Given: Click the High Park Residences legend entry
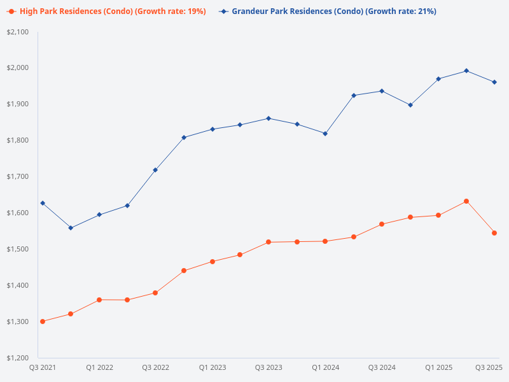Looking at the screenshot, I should point(106,11).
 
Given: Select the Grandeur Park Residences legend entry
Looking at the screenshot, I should point(328,11).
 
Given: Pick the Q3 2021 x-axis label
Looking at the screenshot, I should point(43,368).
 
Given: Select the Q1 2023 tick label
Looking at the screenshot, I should point(212,368).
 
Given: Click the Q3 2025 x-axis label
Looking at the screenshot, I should point(489,368).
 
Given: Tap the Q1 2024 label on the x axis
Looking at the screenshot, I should point(325,368).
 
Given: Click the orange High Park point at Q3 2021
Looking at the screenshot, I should point(43,322).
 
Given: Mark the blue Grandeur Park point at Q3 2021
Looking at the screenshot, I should point(43,203).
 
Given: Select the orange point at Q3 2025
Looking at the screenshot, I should point(494,233).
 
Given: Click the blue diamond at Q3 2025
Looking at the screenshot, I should point(494,82).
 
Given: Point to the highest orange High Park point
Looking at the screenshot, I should point(466,201).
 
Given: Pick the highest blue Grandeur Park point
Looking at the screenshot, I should point(466,71).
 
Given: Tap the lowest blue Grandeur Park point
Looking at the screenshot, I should point(71,228).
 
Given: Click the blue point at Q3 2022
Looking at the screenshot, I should point(155,170).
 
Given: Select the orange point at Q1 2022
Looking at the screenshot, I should point(99,300).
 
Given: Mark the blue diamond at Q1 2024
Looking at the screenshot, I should point(325,134).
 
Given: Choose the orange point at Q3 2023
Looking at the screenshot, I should point(268,242).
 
